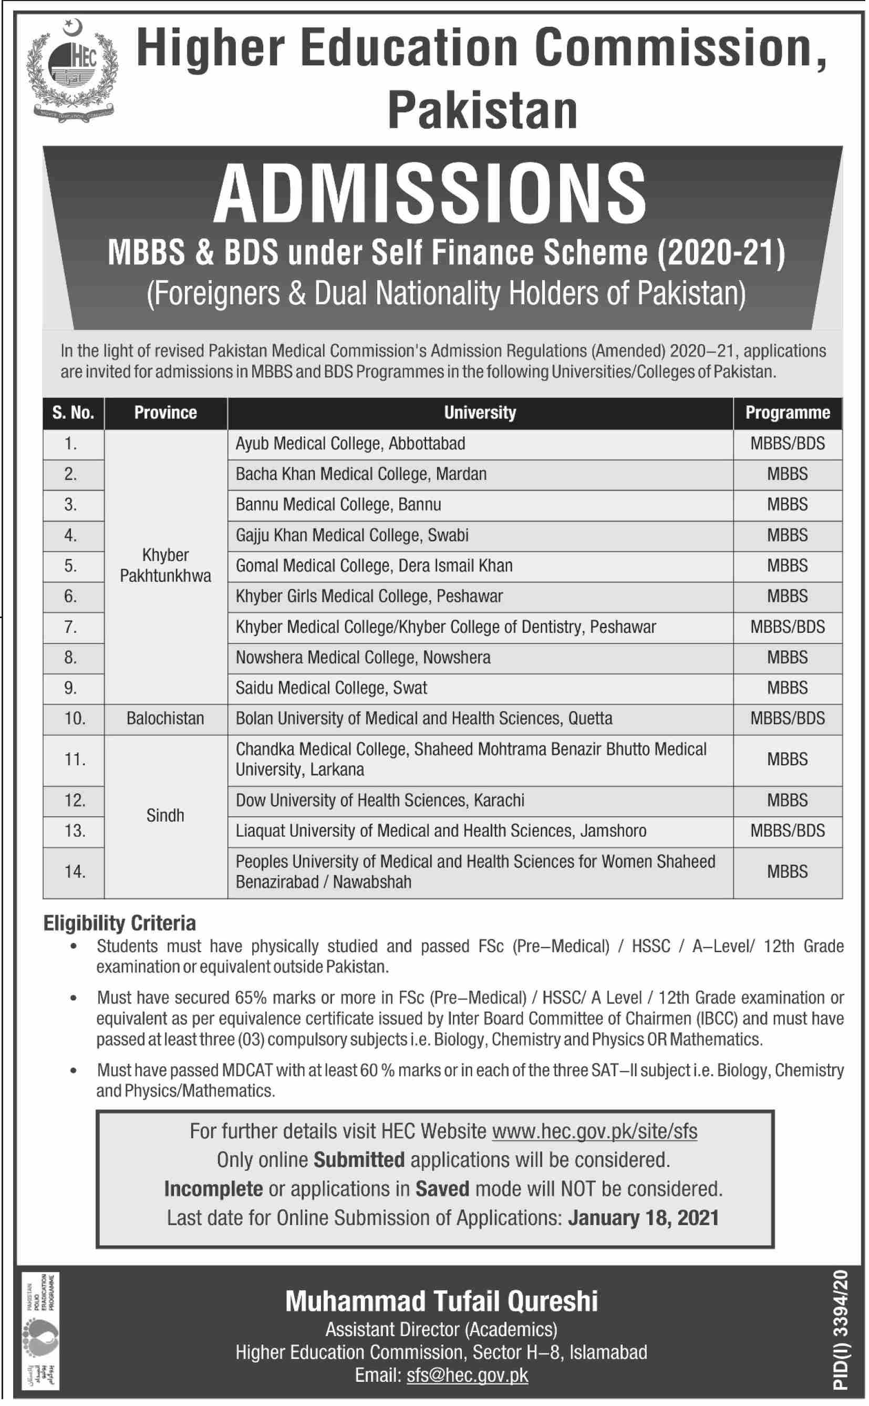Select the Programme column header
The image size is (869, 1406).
point(787,413)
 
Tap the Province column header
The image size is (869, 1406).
point(165,413)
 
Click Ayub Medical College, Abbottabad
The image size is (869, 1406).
point(350,444)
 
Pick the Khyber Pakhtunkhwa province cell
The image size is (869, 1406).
point(165,566)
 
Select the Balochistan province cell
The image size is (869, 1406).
point(165,719)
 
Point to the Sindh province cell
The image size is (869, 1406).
point(165,816)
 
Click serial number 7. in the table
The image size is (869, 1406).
point(71,627)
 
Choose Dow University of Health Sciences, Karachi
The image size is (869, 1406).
point(380,800)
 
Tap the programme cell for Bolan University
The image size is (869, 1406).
point(787,719)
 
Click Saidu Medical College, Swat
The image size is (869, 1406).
point(331,688)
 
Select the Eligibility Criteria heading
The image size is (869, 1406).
point(120,923)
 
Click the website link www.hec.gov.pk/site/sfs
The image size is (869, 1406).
point(594,1131)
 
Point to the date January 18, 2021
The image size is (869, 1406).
point(643,1217)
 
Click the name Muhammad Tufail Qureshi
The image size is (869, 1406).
point(441,1302)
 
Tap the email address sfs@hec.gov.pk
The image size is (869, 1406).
point(467,1375)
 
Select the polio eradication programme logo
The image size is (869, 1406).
point(40,1337)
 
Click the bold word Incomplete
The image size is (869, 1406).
point(213,1189)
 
